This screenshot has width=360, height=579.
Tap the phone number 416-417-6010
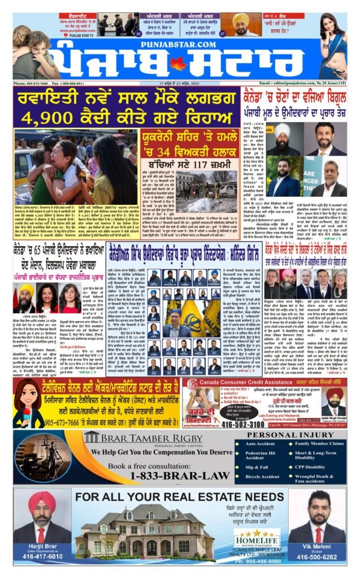tap(42, 556)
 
